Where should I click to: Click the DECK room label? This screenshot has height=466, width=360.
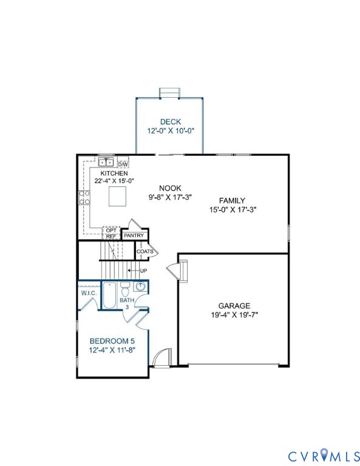click(x=171, y=121)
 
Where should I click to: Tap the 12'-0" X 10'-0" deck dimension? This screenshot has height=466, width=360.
click(x=171, y=131)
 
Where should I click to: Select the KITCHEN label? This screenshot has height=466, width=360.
click(x=114, y=174)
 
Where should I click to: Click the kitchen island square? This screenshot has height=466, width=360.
click(x=117, y=196)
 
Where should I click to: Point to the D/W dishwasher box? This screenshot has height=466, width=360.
click(x=123, y=164)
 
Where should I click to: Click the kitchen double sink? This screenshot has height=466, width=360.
click(x=106, y=163)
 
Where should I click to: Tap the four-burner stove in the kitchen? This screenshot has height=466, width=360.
click(x=84, y=198)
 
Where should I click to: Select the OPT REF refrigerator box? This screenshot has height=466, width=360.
click(x=111, y=233)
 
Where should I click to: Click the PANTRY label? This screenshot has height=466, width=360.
click(x=134, y=235)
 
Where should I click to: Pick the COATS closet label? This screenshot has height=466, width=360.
click(x=144, y=251)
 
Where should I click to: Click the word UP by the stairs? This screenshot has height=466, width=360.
click(x=143, y=271)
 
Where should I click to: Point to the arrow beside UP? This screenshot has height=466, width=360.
click(x=133, y=271)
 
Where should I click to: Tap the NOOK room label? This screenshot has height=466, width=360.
click(x=170, y=188)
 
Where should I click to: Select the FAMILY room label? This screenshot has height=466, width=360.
click(x=232, y=201)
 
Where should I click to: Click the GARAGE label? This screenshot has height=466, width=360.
click(x=234, y=306)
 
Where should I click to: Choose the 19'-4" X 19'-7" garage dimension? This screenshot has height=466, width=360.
click(x=234, y=315)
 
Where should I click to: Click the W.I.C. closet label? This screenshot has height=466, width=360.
click(x=89, y=293)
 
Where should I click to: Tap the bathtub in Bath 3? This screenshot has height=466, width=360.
click(x=109, y=295)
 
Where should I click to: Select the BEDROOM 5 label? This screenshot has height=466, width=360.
click(x=110, y=341)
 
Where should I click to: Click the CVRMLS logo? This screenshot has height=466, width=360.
click(x=324, y=455)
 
